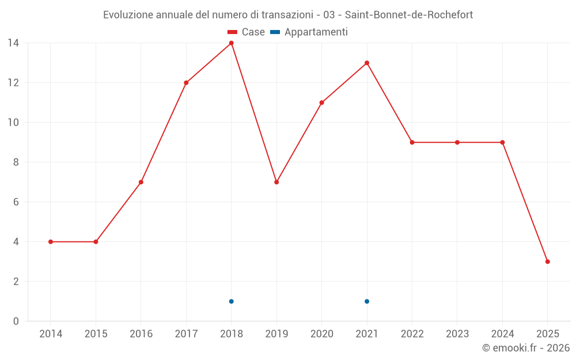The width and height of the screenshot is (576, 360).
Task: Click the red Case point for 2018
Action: coord(231,43)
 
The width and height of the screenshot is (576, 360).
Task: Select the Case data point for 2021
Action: coord(367,63)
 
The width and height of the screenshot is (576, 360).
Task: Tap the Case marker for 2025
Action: coord(547,262)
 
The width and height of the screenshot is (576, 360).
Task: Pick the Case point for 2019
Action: coord(276,182)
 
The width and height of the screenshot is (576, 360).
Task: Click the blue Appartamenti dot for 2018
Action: coord(231,301)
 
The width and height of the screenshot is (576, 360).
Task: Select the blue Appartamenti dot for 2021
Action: coord(367,301)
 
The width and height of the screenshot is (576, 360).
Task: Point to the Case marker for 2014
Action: coord(51,242)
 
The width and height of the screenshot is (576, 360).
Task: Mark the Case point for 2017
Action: coord(186,83)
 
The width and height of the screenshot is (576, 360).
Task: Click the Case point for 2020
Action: coord(321,103)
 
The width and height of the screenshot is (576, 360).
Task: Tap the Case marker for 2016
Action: coord(141,182)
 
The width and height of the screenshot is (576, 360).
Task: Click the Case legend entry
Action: coord(246,32)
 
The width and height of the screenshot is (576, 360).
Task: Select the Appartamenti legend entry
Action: coord(309,32)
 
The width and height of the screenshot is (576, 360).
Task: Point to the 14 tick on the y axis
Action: coord(13,43)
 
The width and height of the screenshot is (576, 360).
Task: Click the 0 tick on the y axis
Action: coord(16,321)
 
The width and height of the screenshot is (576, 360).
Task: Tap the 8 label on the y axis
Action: coord(16,162)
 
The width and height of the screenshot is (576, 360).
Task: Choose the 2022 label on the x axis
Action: coord(412,334)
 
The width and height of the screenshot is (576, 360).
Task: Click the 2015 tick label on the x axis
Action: coord(96,334)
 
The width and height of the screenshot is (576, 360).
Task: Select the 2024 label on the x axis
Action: coord(502,334)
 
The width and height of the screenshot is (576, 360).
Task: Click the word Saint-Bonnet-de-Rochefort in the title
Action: coord(408,15)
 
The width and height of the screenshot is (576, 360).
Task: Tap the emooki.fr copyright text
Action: coord(525,348)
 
